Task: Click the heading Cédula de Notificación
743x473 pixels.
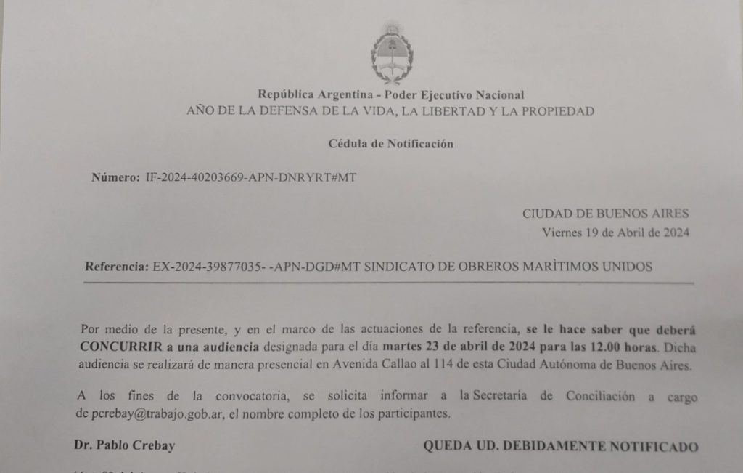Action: (390, 144)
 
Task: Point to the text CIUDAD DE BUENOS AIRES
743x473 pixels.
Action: (605, 214)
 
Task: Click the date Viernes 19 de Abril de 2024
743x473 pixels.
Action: (615, 233)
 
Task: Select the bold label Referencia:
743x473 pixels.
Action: (117, 267)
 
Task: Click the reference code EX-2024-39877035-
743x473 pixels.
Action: (208, 267)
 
